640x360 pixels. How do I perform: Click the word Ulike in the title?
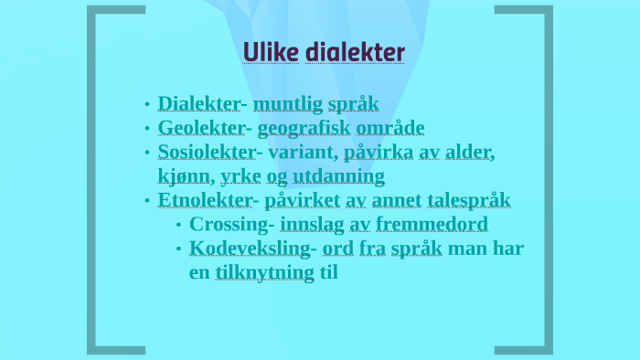[x=268, y=53]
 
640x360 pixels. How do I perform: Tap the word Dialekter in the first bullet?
[x=197, y=103]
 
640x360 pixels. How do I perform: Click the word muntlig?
[x=287, y=103]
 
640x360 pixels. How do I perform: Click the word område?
[x=391, y=128]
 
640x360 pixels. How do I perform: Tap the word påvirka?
[x=379, y=152]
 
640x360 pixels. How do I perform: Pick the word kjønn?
[x=183, y=175]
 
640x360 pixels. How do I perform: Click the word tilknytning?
[x=264, y=271]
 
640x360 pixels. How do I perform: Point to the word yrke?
[x=240, y=175]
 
